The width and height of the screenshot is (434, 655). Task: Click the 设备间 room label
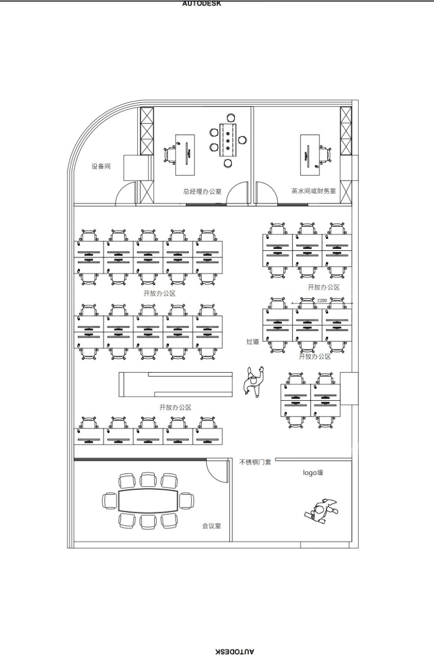pyautogui.click(x=101, y=166)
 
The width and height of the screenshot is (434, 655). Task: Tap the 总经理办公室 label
pyautogui.click(x=202, y=191)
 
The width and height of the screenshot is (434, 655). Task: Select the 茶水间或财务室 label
pyautogui.click(x=313, y=191)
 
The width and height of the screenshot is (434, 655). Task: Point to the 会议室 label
pyautogui.click(x=211, y=526)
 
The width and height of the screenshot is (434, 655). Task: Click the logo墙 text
pyautogui.click(x=313, y=472)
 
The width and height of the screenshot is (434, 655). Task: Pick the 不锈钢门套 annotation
pyautogui.click(x=255, y=462)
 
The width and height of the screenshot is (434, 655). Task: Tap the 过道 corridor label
pyautogui.click(x=253, y=341)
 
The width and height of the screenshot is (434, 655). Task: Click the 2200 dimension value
pyautogui.click(x=322, y=300)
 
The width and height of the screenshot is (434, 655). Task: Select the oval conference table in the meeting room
pyautogui.click(x=148, y=500)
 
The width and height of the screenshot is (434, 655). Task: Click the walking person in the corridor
pyautogui.click(x=253, y=382)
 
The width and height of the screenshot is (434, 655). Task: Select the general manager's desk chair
pyautogui.click(x=170, y=155)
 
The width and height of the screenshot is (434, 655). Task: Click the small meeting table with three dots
pyautogui.click(x=228, y=140)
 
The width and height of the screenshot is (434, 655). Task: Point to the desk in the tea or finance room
pyautogui.click(x=310, y=155)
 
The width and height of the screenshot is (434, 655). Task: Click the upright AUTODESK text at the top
pyautogui.click(x=202, y=4)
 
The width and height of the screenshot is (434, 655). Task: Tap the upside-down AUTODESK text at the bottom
pyautogui.click(x=234, y=651)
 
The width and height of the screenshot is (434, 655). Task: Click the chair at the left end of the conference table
pyautogui.click(x=110, y=500)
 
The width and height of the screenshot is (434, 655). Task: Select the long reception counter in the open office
pyautogui.click(x=176, y=384)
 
